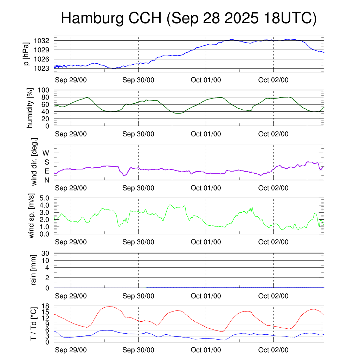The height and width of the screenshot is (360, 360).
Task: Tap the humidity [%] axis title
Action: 31,108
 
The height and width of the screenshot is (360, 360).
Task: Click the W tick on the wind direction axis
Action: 46,153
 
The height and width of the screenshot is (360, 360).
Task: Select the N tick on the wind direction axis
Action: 46,180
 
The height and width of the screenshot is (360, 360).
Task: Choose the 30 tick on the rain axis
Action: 46,253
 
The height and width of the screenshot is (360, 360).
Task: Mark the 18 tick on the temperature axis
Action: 46,306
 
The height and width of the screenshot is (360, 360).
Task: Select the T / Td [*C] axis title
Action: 33,324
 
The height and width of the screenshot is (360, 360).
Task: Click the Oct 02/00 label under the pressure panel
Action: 273,80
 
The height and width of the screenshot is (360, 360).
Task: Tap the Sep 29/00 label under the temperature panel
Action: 71,350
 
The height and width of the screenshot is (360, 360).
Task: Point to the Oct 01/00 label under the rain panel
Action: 206,296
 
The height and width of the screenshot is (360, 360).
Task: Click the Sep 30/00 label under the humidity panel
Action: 138,134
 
